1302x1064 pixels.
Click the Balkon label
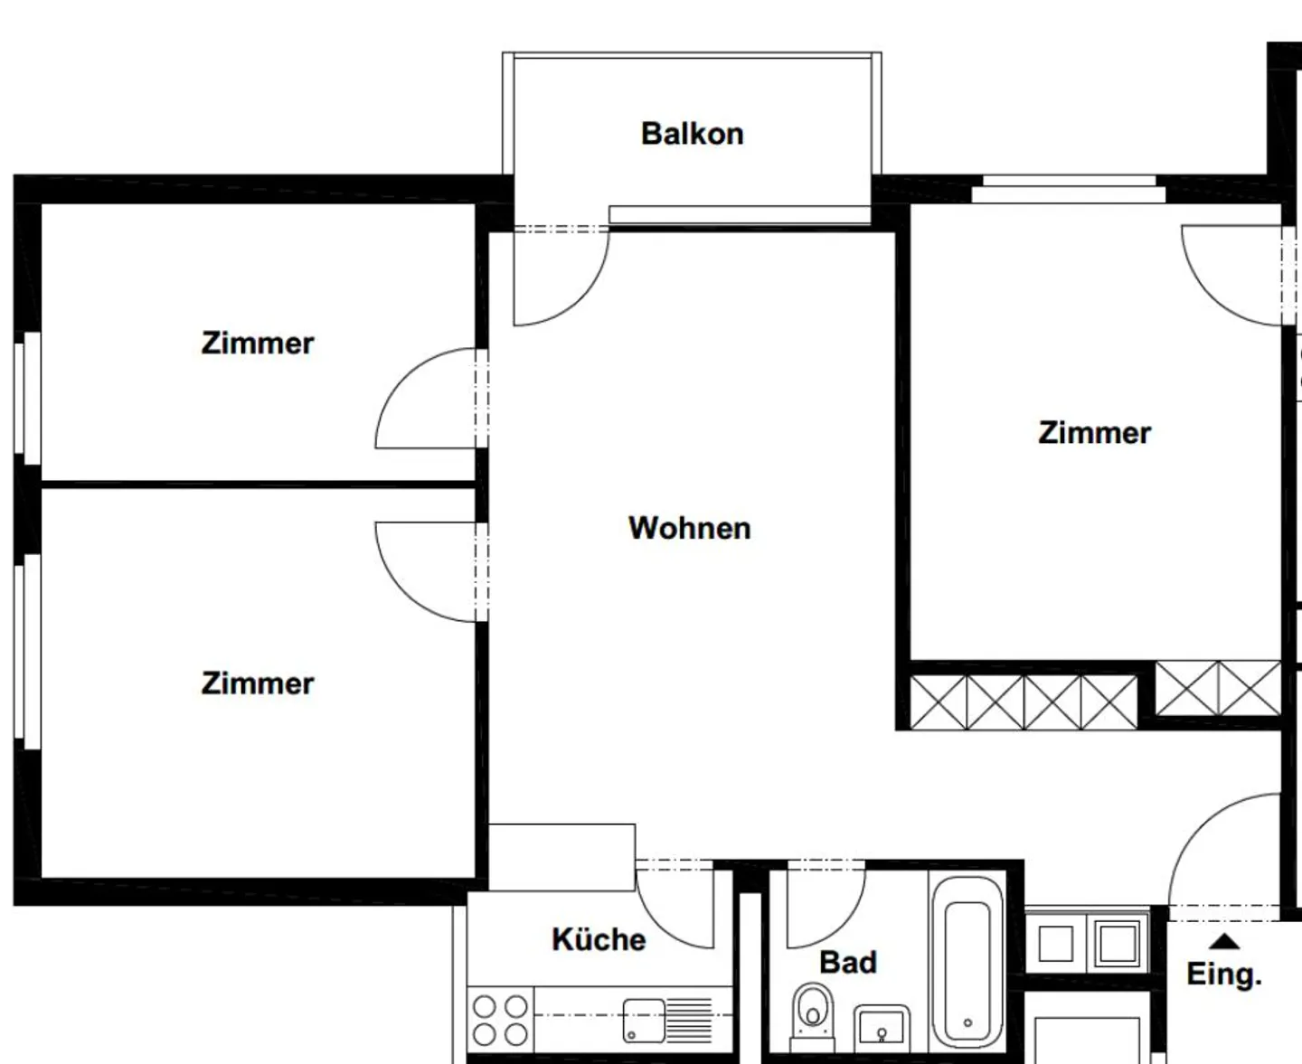click(692, 134)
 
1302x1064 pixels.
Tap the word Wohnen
click(689, 528)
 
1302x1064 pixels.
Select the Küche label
click(599, 939)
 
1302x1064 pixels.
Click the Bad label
click(847, 962)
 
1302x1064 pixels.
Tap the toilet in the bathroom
click(813, 1018)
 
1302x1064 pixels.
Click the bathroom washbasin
click(882, 1029)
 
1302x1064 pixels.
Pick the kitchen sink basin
click(643, 1021)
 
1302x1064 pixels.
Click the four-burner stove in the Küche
click(500, 1021)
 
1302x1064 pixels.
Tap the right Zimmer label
click(1094, 433)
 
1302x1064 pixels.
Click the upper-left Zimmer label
click(258, 344)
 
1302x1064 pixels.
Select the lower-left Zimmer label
click(258, 683)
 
